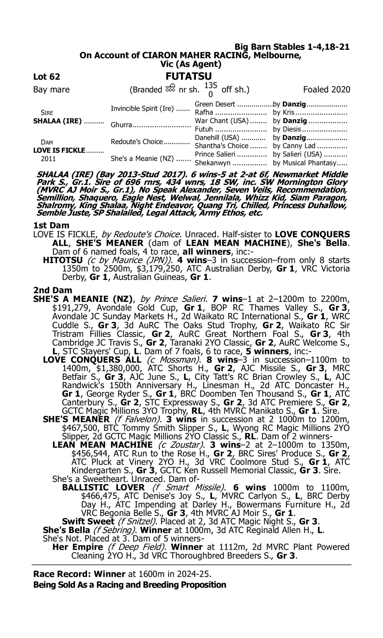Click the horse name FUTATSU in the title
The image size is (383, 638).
(x=188, y=76)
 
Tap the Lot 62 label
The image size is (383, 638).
(x=47, y=77)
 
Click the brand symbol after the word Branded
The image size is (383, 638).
(x=170, y=89)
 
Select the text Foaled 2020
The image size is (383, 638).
(x=327, y=90)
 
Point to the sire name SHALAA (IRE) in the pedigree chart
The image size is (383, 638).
(x=57, y=121)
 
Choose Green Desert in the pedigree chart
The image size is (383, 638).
(x=215, y=104)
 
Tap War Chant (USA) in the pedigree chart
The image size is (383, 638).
(x=221, y=121)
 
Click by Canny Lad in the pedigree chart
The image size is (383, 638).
(x=294, y=146)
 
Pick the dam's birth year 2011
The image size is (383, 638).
(x=48, y=159)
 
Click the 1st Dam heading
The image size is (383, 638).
(x=51, y=225)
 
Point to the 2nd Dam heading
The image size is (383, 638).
(x=52, y=290)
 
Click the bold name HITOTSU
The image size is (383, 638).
(x=63, y=260)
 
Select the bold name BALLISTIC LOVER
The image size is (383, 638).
(x=103, y=487)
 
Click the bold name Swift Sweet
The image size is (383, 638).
(x=88, y=521)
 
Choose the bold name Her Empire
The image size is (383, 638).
(x=77, y=547)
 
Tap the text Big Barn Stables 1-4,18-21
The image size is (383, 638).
(x=292, y=47)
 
